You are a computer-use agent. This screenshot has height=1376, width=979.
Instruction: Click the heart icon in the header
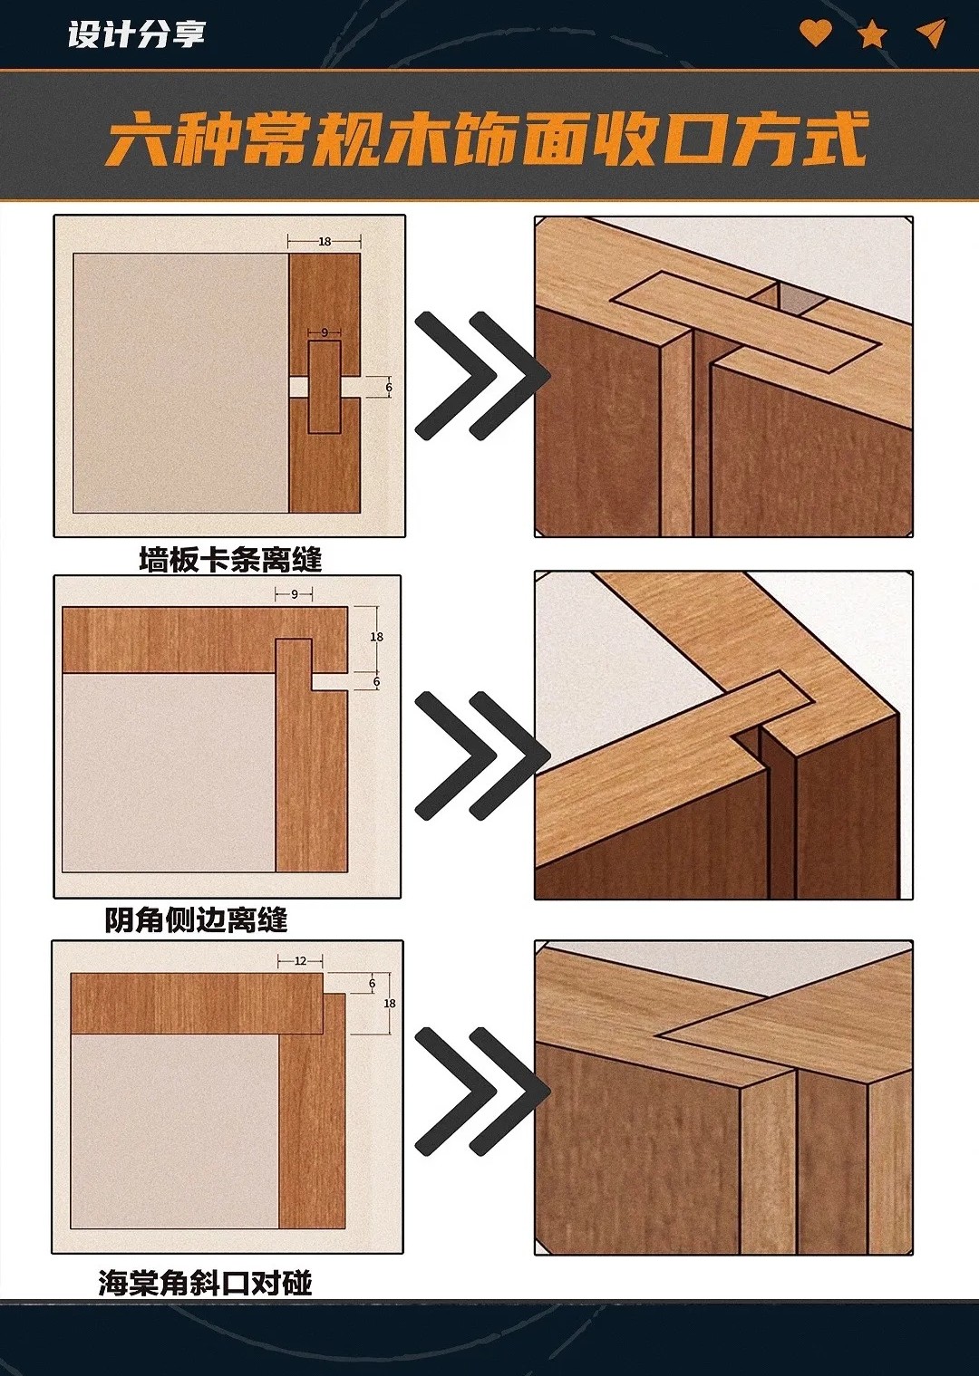[x=816, y=33]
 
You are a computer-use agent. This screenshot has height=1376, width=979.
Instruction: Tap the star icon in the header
[x=872, y=34]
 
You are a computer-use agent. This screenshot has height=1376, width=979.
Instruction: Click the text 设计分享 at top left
[x=136, y=34]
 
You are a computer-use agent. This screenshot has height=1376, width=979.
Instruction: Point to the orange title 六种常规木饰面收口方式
[x=487, y=139]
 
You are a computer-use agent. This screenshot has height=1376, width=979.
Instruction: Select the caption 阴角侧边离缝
[x=196, y=920]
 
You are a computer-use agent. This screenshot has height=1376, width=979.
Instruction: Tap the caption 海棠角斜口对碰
[x=205, y=1280]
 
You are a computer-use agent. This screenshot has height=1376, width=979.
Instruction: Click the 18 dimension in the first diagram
[x=325, y=242]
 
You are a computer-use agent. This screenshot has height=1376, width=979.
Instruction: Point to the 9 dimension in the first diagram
[x=324, y=332]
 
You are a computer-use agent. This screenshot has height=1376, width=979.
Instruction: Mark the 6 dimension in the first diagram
[x=388, y=388]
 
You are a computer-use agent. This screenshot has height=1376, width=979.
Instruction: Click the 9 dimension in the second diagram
[x=295, y=594]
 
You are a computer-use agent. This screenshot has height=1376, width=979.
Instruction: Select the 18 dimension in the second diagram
[x=376, y=637]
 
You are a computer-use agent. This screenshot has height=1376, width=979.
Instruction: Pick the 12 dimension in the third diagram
[x=300, y=961]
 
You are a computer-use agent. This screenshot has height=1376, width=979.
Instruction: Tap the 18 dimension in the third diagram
[x=389, y=1003]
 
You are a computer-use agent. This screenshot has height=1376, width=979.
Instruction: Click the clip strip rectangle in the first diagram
[x=324, y=387]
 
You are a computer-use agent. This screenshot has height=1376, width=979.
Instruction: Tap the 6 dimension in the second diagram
[x=376, y=682]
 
